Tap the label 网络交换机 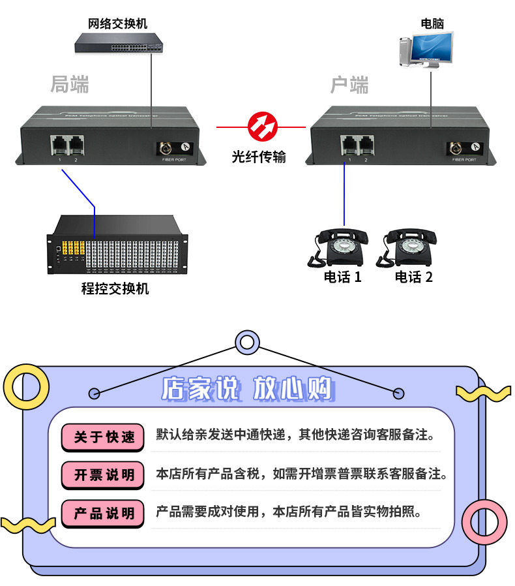118,24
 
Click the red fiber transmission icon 262,126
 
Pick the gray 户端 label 349,85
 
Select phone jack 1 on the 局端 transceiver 59,145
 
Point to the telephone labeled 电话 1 339,247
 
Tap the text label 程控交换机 115,288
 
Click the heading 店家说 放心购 247,390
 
